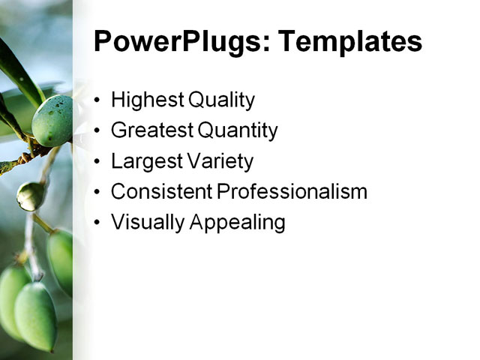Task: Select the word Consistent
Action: coord(161,192)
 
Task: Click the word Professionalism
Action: coord(292,192)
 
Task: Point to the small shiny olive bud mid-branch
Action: coord(30,196)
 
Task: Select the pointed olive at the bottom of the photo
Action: coord(35,315)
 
